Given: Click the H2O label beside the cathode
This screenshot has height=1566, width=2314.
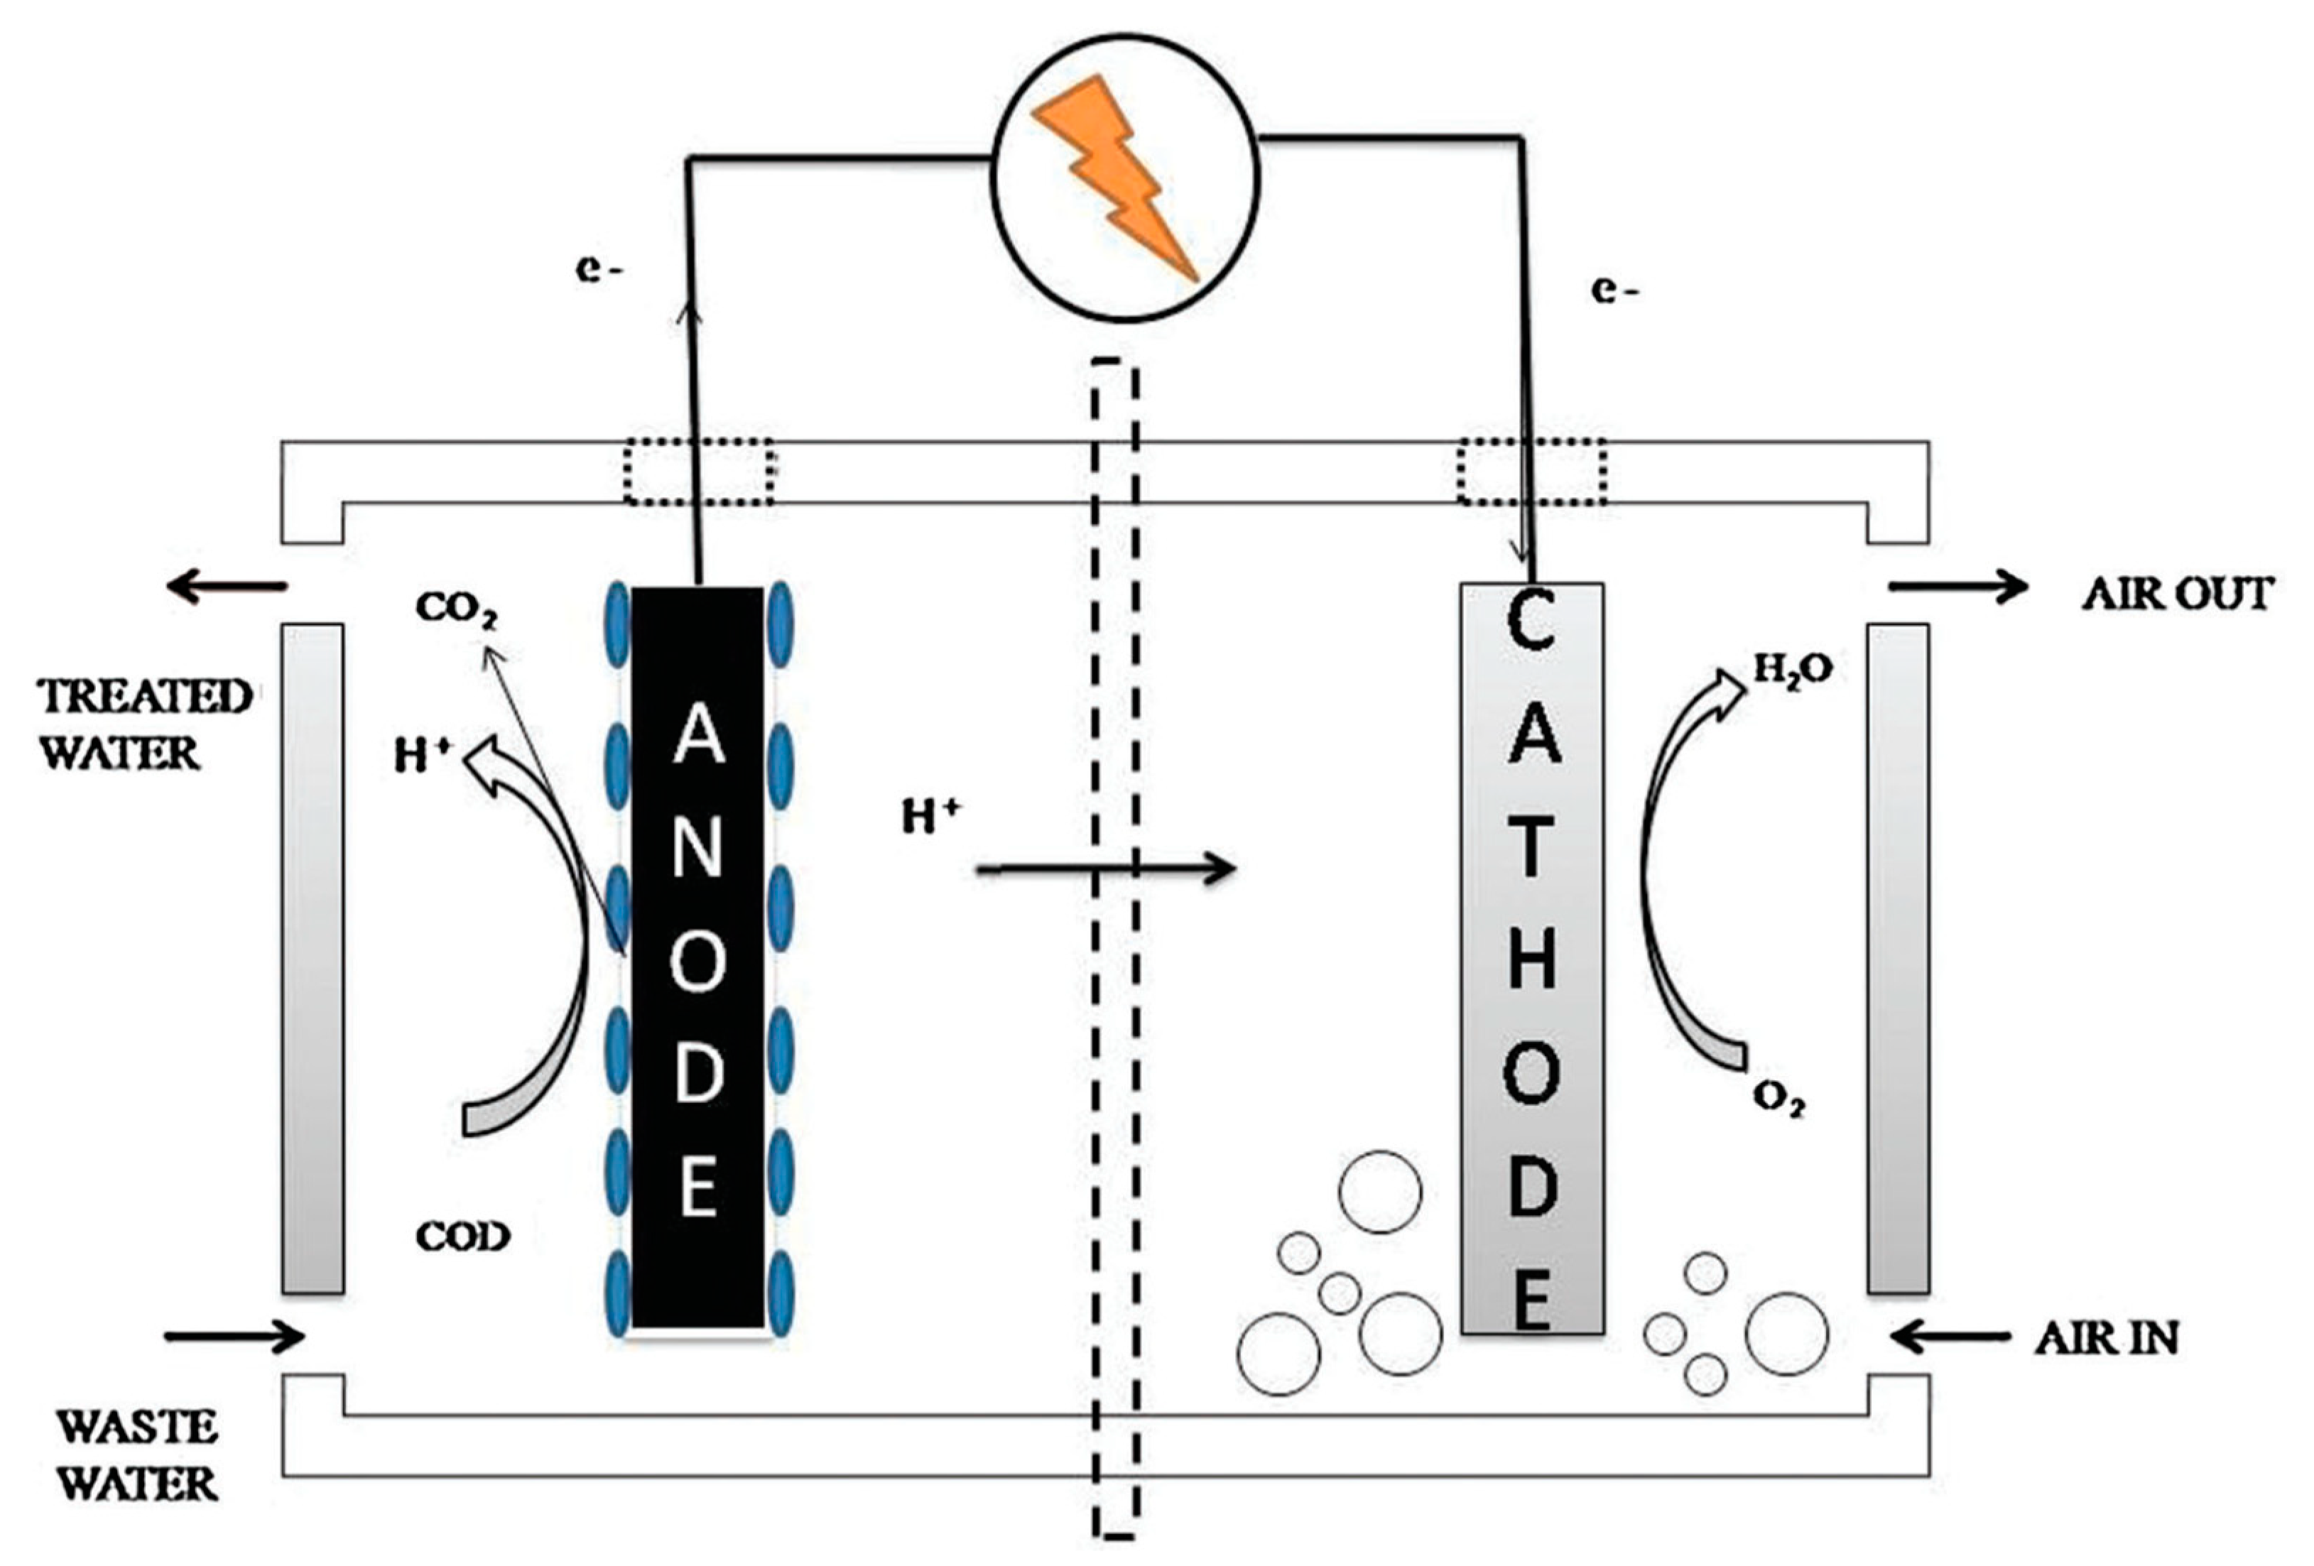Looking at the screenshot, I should pyautogui.click(x=1791, y=670).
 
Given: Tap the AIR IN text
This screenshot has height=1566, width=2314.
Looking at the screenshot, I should pyautogui.click(x=2106, y=1338).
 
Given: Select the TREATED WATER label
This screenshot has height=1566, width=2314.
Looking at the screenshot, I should pyautogui.click(x=144, y=724).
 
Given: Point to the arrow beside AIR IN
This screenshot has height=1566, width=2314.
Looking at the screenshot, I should pyautogui.click(x=1948, y=1337).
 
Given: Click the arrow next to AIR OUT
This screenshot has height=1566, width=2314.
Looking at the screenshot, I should pyautogui.click(x=1957, y=587).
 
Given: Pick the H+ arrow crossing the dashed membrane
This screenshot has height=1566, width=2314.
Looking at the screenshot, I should pyautogui.click(x=1105, y=869).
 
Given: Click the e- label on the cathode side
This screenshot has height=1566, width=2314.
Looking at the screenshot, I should pyautogui.click(x=1614, y=290).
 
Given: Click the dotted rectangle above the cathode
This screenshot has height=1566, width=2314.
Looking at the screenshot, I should pyautogui.click(x=1531, y=471).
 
